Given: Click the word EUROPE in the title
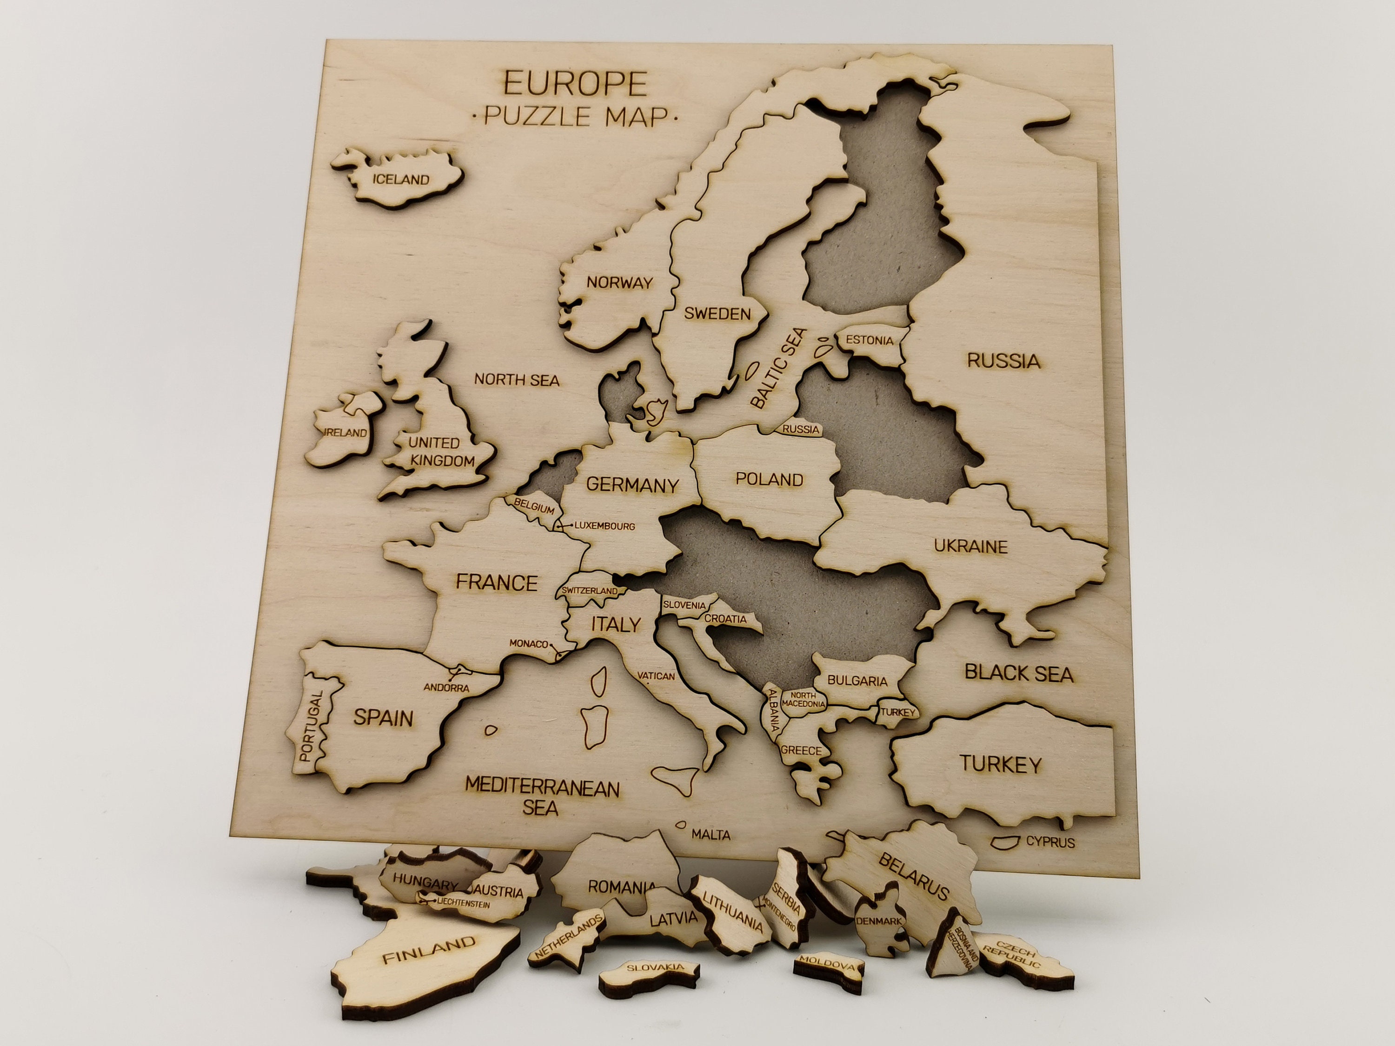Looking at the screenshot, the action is (x=575, y=83).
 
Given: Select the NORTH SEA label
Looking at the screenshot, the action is (x=517, y=379).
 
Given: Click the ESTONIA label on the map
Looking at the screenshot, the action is (x=870, y=340).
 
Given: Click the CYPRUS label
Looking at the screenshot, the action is (x=1050, y=842).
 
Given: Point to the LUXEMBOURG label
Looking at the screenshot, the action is (x=604, y=526).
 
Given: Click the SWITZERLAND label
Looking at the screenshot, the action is (x=590, y=591).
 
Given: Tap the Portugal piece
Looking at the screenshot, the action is (x=313, y=725).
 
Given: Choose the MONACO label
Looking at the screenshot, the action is (x=529, y=644).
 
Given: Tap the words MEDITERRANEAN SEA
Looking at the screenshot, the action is (x=542, y=796).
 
